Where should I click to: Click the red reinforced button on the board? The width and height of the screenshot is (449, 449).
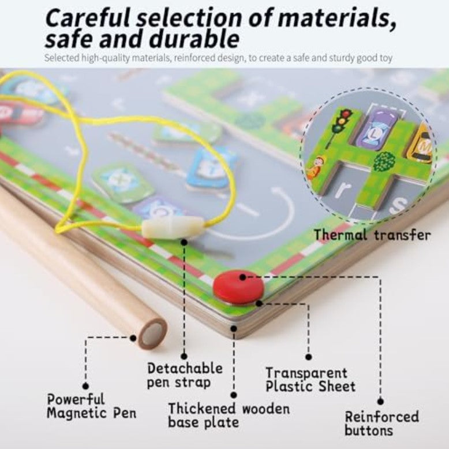[x=238, y=285]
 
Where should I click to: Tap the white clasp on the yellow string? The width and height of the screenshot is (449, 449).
[x=173, y=226]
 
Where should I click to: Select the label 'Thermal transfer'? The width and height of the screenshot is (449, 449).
[x=372, y=235]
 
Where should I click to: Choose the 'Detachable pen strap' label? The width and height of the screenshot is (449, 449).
[x=184, y=375]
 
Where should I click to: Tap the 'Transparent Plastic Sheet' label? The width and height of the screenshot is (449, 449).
[x=310, y=380]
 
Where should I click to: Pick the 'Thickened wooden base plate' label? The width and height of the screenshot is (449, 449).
[x=229, y=415]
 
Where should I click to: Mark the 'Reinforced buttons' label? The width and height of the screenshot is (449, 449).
[x=381, y=424]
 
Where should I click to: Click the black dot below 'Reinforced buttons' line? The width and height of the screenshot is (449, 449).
[x=380, y=400]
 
